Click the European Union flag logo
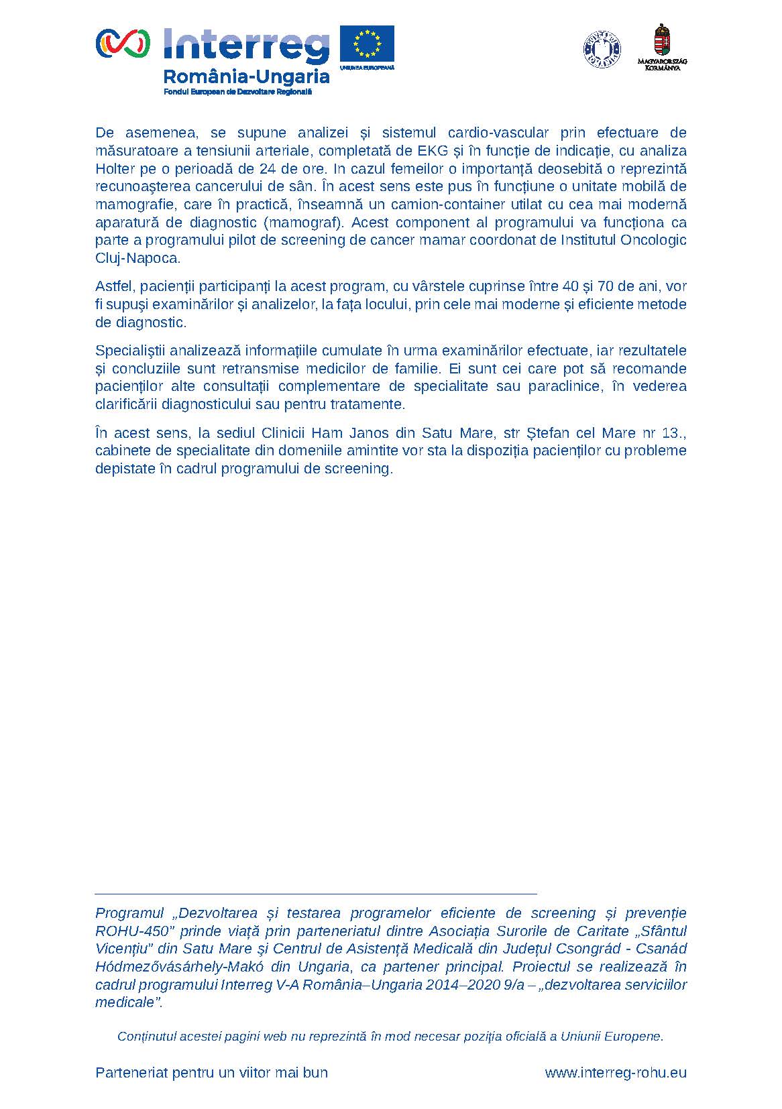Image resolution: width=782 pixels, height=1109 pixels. pyautogui.click(x=366, y=45)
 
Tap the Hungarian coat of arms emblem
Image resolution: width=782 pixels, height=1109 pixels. pyautogui.click(x=663, y=42)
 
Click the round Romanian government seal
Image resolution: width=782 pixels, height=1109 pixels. pyautogui.click(x=602, y=49)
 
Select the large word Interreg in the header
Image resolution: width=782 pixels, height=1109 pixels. pyautogui.click(x=246, y=46)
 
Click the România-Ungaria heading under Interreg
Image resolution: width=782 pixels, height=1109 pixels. pyautogui.click(x=247, y=76)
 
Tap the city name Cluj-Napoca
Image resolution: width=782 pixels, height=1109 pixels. pyautogui.click(x=138, y=258)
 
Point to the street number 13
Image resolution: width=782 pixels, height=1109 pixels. pyautogui.click(x=671, y=432)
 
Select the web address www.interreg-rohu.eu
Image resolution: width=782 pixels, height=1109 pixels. pyautogui.click(x=616, y=1072)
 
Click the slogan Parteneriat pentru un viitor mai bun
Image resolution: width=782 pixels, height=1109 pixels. pyautogui.click(x=211, y=1072)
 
